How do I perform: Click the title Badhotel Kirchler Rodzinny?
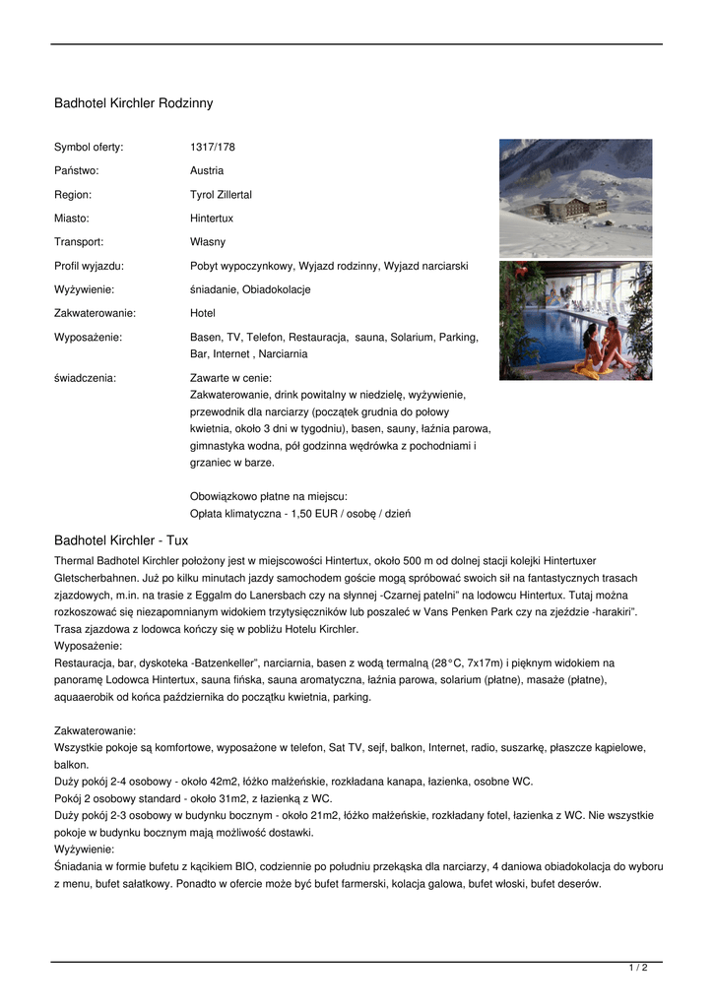(x=133, y=103)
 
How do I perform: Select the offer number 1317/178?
(x=213, y=148)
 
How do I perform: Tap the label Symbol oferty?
(x=89, y=148)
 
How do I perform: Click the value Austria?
(x=207, y=171)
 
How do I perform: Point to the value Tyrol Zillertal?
(x=221, y=195)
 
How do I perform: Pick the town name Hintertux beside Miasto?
(x=212, y=219)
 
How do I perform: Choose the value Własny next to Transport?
(x=208, y=242)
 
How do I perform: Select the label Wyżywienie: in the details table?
(x=85, y=289)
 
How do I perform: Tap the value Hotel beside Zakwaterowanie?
(x=203, y=313)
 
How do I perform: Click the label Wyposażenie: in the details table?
(x=89, y=337)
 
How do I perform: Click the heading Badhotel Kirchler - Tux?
(x=121, y=540)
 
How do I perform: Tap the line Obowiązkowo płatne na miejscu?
(x=268, y=496)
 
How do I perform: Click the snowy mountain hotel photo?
(x=575, y=198)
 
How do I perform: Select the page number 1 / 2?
(x=638, y=969)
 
